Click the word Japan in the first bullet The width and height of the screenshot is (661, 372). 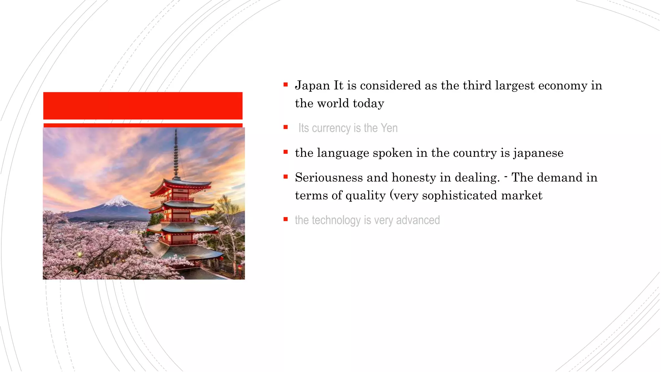[x=312, y=86]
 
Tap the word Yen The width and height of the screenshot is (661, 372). [x=389, y=128]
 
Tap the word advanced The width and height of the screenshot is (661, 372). [x=418, y=220]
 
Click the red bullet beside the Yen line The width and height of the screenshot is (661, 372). [x=286, y=127]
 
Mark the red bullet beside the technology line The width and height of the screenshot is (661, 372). [x=286, y=219]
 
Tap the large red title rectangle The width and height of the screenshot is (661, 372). [x=143, y=106]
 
